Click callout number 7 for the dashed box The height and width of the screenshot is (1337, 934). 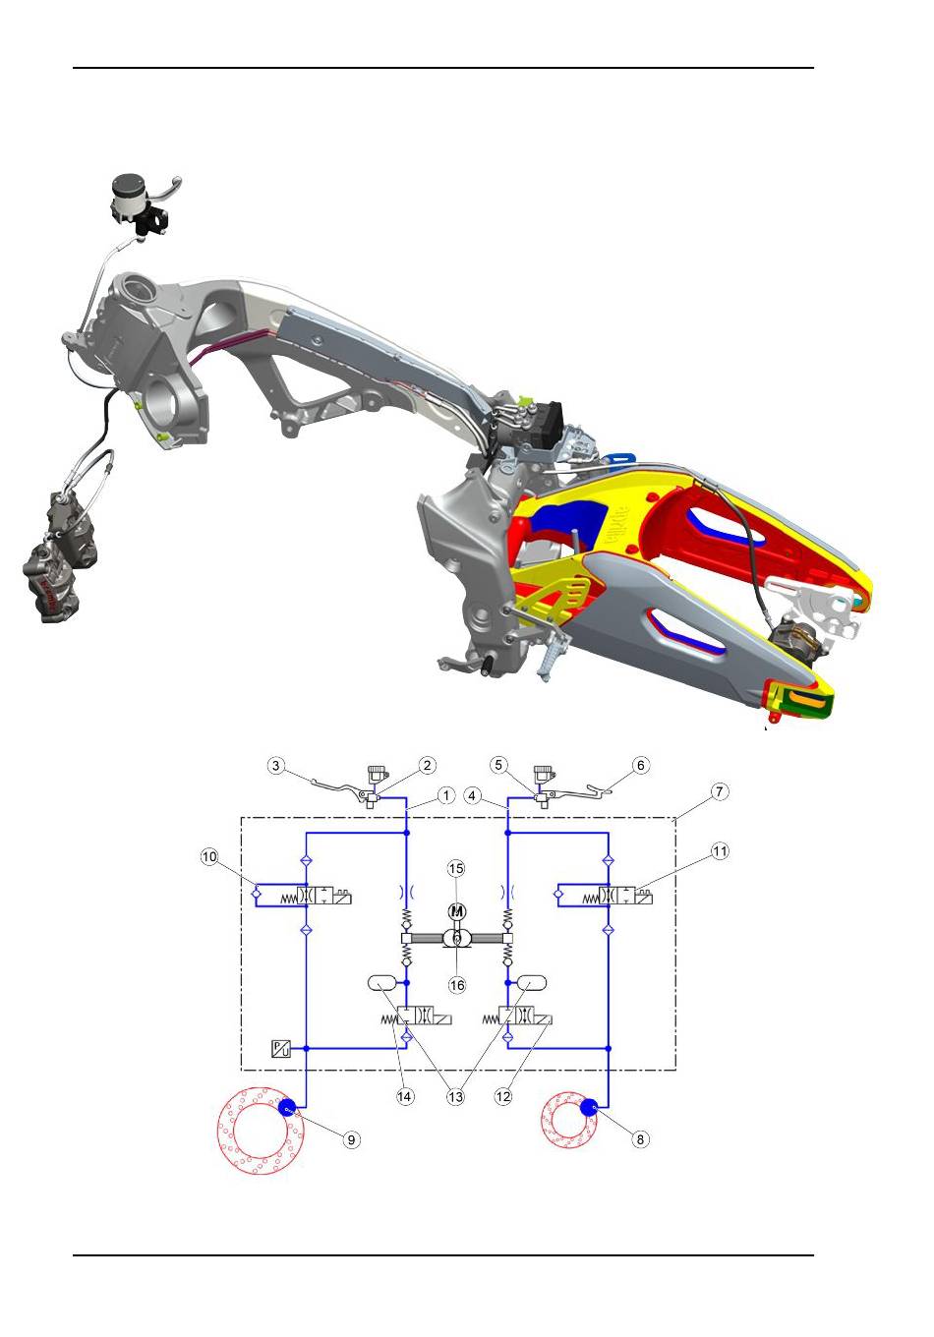click(720, 791)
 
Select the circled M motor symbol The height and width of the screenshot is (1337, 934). click(457, 911)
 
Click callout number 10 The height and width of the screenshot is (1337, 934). click(208, 857)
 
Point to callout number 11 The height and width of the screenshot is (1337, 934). click(720, 851)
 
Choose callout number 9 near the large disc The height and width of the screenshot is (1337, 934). click(352, 1139)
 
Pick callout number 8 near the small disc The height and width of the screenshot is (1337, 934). click(640, 1138)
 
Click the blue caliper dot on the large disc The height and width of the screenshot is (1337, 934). click(287, 1107)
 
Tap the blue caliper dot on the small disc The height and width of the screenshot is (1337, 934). click(589, 1107)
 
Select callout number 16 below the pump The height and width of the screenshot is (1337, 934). click(456, 985)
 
